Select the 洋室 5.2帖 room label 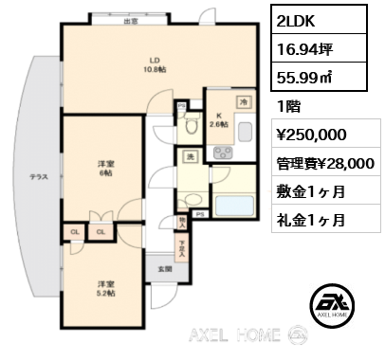(103, 289)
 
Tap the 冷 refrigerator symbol (243, 102)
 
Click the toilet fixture (192, 123)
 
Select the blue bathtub (232, 206)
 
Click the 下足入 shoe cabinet (182, 248)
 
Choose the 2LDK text (295, 20)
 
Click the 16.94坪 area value (302, 47)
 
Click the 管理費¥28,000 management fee (324, 163)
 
